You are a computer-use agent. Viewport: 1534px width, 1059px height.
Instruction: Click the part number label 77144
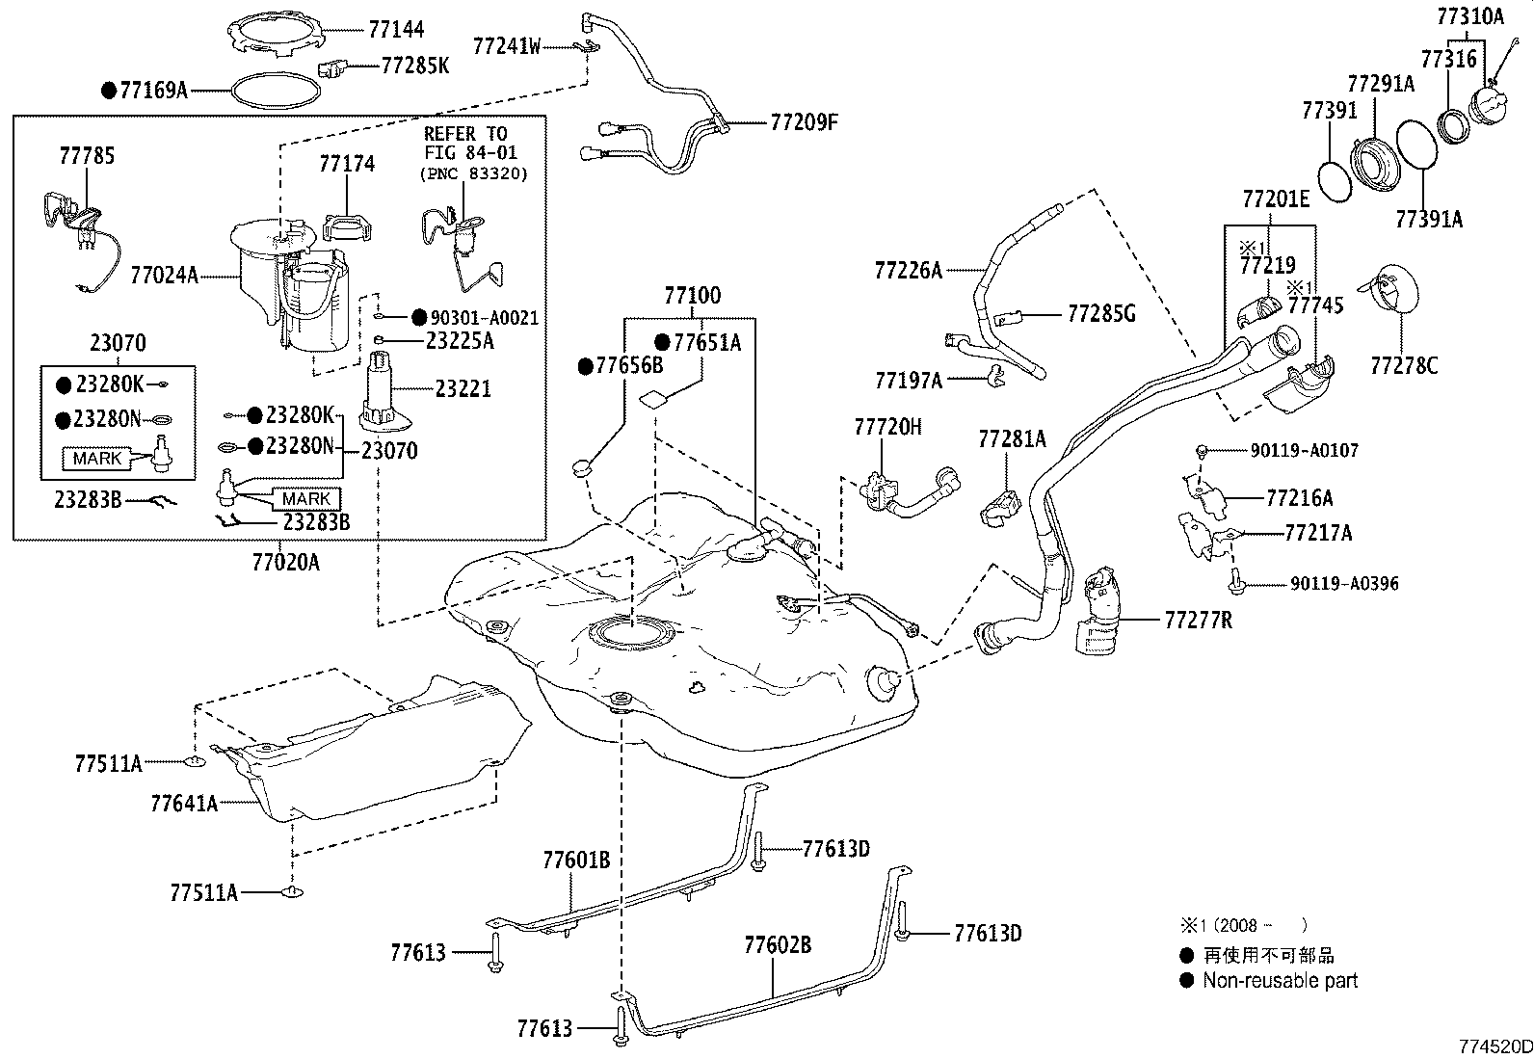(395, 31)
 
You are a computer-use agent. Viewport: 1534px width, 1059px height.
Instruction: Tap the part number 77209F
(805, 122)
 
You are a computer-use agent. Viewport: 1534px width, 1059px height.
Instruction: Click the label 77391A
(1429, 220)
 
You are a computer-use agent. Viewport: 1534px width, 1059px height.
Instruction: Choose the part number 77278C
(1404, 365)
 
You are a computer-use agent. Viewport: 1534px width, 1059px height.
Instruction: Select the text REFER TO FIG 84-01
(465, 143)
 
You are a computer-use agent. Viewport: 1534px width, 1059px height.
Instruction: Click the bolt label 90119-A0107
(1305, 450)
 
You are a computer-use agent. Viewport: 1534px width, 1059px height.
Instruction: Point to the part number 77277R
(1198, 620)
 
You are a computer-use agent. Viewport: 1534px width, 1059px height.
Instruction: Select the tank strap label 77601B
(576, 860)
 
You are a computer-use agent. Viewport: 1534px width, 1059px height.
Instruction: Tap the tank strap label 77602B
(777, 944)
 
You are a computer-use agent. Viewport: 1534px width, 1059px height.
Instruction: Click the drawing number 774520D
(1494, 1046)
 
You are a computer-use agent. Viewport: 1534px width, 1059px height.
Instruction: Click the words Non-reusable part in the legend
(1280, 981)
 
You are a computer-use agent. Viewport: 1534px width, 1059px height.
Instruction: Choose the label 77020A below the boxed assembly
(285, 562)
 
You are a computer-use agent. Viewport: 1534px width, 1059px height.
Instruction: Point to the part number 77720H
(887, 427)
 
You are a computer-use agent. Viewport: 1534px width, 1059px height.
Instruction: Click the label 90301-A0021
(484, 318)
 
